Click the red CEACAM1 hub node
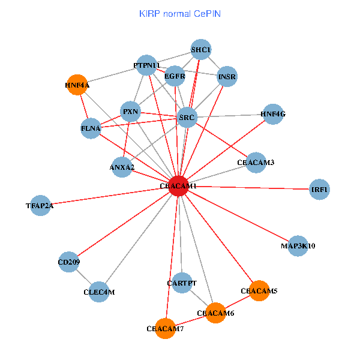tap(178, 186)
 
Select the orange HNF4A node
tap(77, 85)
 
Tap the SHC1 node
tap(201, 49)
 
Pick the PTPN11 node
tap(146, 65)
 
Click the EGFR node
tap(175, 76)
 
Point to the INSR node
tap(227, 76)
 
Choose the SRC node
tap(187, 117)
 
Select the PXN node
tap(130, 111)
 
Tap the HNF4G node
tap(273, 113)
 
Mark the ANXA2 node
tap(122, 167)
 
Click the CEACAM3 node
tap(256, 162)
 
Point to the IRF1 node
tap(319, 190)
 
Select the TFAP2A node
tap(40, 205)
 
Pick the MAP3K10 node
tap(298, 245)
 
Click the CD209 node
tap(69, 262)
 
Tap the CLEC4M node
tap(99, 292)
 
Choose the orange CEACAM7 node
tap(165, 328)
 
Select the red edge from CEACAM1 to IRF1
tap(252, 188)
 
